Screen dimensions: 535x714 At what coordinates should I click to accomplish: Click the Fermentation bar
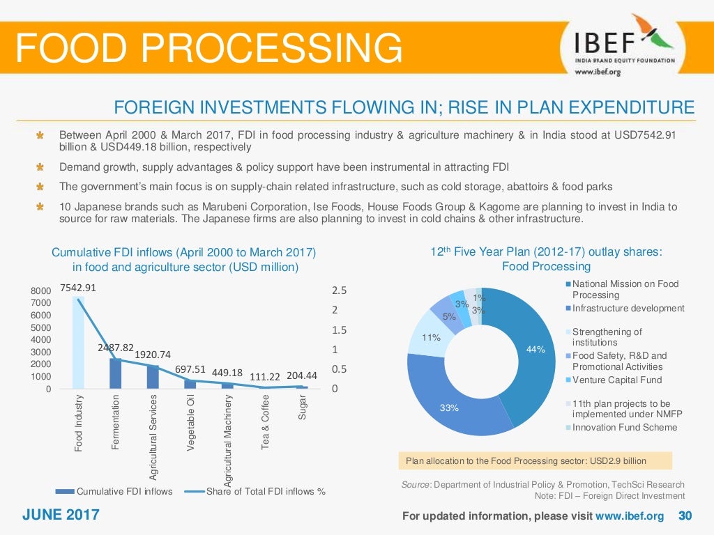pyautogui.click(x=116, y=373)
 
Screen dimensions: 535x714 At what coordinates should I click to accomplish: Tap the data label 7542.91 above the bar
pyautogui.click(x=78, y=288)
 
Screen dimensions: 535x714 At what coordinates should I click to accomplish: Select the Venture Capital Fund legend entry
pyautogui.click(x=616, y=380)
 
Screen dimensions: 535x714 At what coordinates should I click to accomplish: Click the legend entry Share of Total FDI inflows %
pyautogui.click(x=266, y=491)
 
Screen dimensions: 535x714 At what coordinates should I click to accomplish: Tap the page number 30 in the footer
pyautogui.click(x=685, y=516)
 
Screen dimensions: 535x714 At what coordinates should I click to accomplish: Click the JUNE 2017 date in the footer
pyautogui.click(x=61, y=515)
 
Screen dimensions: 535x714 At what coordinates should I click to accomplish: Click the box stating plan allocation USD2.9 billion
pyautogui.click(x=535, y=460)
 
